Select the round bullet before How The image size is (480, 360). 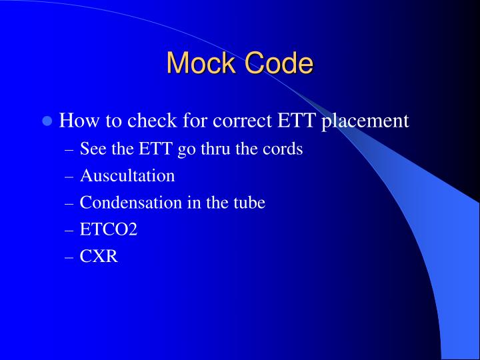[47, 121]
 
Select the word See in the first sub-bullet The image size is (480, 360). [91, 149]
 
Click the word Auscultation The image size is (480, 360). [127, 176]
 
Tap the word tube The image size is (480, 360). [250, 203]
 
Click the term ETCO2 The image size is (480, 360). [109, 229]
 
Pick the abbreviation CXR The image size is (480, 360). [99, 256]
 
